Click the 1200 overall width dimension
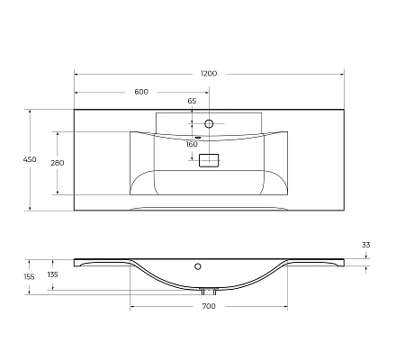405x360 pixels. [x=209, y=72]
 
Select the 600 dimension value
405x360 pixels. [x=141, y=92]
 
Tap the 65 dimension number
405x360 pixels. [x=192, y=101]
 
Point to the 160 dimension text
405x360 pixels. [x=192, y=144]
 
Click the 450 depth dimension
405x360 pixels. [x=29, y=159]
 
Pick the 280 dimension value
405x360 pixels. [x=56, y=163]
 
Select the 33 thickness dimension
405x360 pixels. [x=365, y=245]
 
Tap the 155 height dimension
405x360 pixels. [x=29, y=277]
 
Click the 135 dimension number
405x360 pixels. [x=52, y=274]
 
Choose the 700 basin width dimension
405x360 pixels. [x=209, y=308]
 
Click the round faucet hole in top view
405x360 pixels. [x=209, y=121]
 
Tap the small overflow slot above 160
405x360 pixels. [x=198, y=138]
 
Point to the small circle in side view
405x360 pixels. [x=197, y=267]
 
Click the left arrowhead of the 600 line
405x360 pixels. [x=76, y=92]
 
